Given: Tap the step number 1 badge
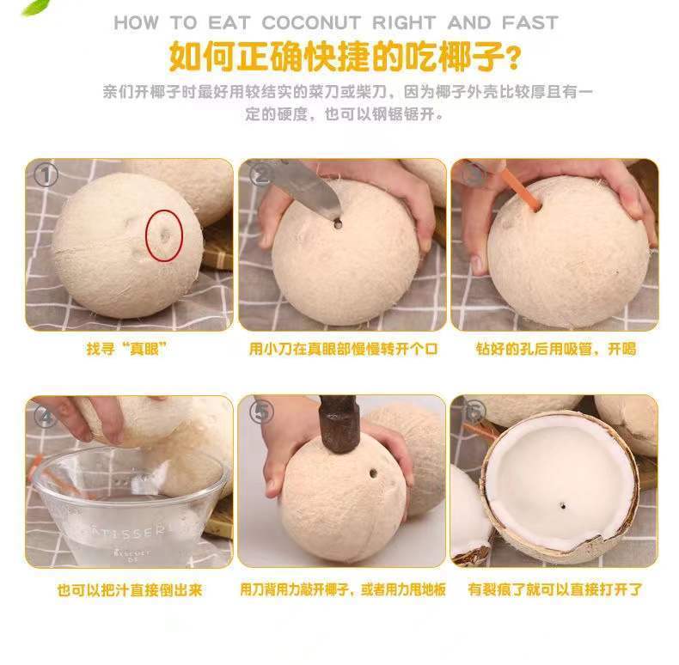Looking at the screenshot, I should coord(46,176).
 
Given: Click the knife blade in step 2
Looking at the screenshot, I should coord(301,185).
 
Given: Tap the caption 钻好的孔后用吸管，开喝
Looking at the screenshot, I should coord(555,350).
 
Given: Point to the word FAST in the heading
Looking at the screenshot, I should coord(528,22).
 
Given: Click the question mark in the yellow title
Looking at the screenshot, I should coord(513,58).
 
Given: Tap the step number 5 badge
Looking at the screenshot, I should coord(260,412).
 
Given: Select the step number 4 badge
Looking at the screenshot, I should coord(46,416).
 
